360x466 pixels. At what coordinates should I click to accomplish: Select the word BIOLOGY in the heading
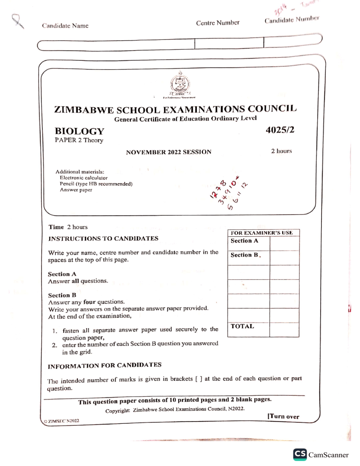[79, 132]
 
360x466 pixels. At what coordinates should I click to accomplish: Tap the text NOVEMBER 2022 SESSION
[169, 152]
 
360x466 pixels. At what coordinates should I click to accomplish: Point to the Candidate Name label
[65, 25]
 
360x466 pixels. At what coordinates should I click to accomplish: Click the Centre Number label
[217, 23]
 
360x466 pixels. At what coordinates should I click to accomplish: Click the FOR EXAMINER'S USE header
[263, 233]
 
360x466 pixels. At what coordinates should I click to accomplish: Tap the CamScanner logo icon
[300, 454]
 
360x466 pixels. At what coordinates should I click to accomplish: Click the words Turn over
[283, 416]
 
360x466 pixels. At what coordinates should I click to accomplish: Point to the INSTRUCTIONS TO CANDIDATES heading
[104, 239]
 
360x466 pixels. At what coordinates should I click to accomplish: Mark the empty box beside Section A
[284, 243]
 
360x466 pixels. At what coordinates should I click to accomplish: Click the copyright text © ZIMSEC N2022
[60, 421]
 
